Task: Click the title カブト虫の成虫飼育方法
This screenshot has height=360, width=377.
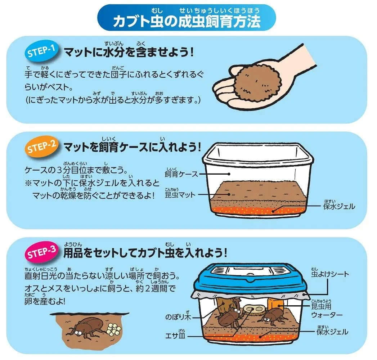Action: [187, 21]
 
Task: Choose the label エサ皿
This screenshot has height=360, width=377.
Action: [175, 334]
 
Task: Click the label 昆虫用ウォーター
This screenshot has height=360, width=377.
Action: [327, 309]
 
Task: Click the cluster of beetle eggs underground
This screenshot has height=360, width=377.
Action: [114, 329]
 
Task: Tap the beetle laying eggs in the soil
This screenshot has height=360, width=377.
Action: [88, 328]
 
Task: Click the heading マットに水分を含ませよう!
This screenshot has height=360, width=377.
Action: [129, 52]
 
